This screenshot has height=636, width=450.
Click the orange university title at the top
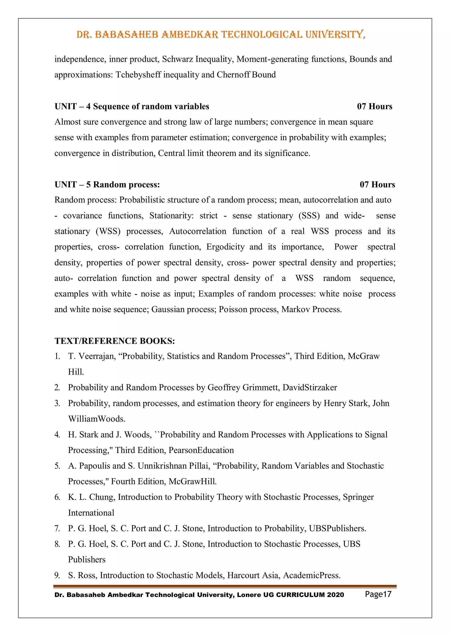pyautogui.click(x=221, y=35)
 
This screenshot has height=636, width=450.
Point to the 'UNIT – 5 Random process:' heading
pyautogui.click(x=107, y=185)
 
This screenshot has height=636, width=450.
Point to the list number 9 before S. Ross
pyautogui.click(x=57, y=575)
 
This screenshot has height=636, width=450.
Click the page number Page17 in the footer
pyautogui.click(x=378, y=594)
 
